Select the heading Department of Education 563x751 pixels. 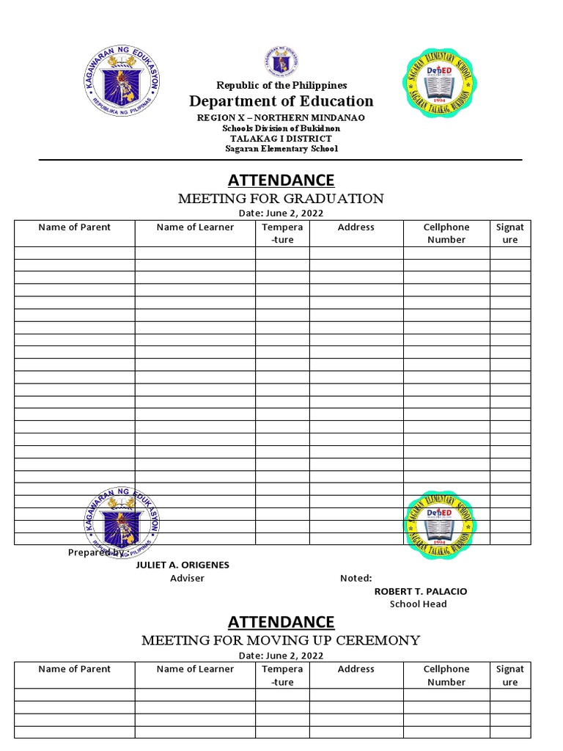(x=281, y=101)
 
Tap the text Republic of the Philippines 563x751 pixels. (x=281, y=86)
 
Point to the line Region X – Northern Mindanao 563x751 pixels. (x=281, y=117)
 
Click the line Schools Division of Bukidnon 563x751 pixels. (x=281, y=128)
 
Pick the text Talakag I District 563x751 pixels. (x=281, y=139)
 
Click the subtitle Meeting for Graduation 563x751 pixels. (x=281, y=198)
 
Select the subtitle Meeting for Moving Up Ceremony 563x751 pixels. (x=281, y=640)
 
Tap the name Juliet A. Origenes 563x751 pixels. (x=183, y=565)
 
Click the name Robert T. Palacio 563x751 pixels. (x=420, y=591)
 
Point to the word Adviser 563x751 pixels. (x=187, y=578)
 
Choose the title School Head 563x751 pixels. (x=418, y=604)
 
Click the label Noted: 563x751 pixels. (x=356, y=578)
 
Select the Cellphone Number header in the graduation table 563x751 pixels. (x=446, y=233)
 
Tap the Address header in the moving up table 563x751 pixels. (x=356, y=669)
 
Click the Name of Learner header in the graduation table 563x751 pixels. (x=195, y=227)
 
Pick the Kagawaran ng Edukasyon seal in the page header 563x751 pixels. (x=121, y=85)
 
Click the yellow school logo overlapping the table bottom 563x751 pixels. (x=439, y=524)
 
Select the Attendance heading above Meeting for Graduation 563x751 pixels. (x=281, y=180)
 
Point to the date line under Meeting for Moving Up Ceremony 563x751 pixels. (x=281, y=655)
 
